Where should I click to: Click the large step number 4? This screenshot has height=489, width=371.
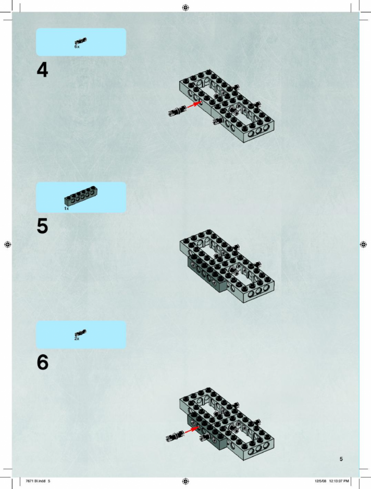click(43, 70)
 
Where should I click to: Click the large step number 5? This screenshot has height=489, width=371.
click(43, 226)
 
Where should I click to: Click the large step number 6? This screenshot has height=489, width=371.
click(43, 362)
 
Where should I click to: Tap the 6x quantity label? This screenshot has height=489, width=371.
click(77, 46)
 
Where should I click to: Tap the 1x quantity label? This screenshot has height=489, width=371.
click(67, 208)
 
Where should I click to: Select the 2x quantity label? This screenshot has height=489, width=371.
click(77, 338)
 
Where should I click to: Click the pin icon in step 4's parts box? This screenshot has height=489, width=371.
click(81, 41)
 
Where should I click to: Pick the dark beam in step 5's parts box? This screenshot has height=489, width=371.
click(81, 195)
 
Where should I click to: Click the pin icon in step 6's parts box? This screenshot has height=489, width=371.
click(81, 333)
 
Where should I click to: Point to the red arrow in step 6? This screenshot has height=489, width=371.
click(192, 430)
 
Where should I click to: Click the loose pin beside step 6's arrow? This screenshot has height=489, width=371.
click(175, 436)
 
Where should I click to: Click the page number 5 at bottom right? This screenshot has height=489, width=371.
click(341, 459)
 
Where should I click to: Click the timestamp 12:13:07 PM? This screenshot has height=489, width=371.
click(339, 481)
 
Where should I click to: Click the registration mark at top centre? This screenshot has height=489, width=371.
click(185, 7)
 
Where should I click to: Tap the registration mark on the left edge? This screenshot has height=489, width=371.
click(8, 244)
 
